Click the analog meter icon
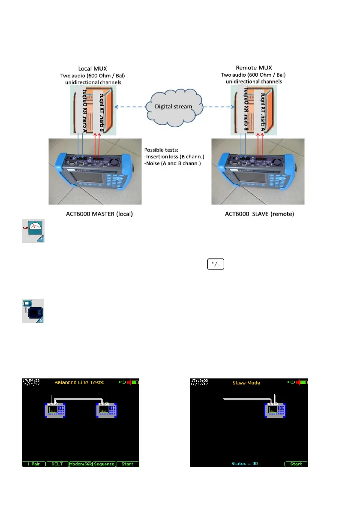point(33,232)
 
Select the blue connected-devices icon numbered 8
point(33,311)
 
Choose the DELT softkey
point(57,464)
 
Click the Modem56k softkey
point(81,464)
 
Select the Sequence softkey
point(104,464)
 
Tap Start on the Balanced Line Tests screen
point(127,464)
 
